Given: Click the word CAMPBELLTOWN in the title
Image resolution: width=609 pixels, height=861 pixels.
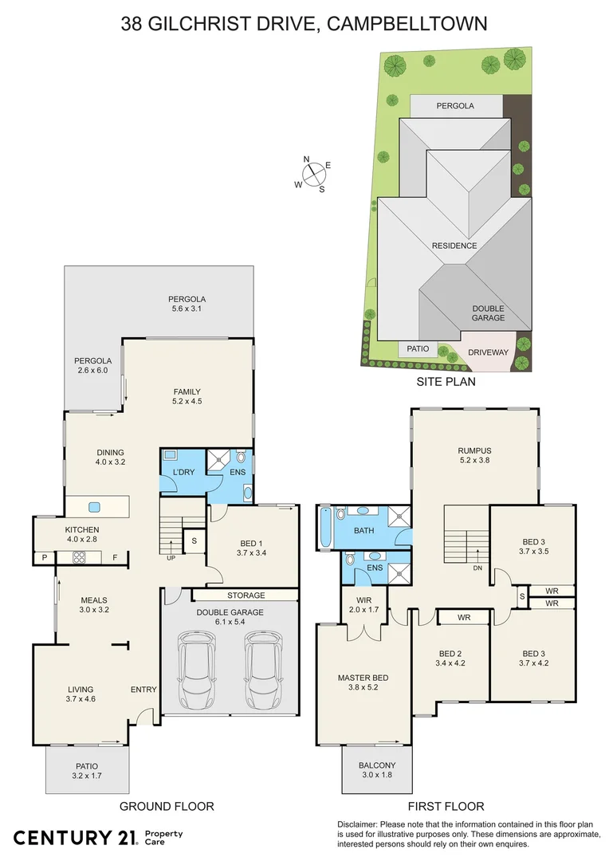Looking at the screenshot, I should click(415, 24).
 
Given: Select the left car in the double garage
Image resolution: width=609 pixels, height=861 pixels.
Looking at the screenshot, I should click(197, 663).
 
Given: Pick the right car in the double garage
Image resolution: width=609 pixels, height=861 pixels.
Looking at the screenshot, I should click(264, 663).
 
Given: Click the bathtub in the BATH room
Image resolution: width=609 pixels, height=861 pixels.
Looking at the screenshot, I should click(324, 528).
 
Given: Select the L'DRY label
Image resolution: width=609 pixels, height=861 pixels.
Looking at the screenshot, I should click(183, 473).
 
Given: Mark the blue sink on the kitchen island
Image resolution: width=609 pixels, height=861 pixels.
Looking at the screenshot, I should click(94, 506).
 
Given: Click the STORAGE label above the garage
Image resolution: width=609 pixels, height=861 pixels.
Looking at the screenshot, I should click(246, 595).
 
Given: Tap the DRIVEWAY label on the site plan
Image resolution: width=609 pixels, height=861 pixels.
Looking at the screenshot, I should click(488, 352).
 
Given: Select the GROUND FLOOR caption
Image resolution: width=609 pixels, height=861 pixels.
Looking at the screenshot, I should click(167, 806).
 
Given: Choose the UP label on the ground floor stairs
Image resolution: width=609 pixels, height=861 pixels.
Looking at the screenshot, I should click(171, 557).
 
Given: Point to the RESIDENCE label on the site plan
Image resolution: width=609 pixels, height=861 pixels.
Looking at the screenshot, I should click(454, 246).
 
